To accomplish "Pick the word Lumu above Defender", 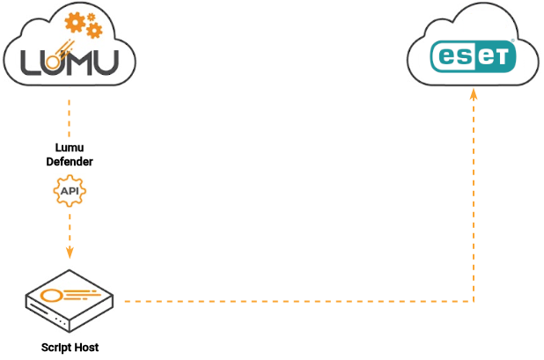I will click(70, 149).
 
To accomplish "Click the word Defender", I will click(70, 162).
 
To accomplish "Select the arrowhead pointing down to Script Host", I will click(70, 252).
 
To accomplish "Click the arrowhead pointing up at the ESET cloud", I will click(474, 92).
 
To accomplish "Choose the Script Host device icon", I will click(70, 302).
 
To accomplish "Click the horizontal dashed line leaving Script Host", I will click(290, 302).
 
